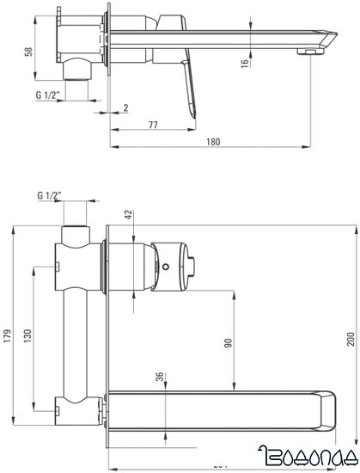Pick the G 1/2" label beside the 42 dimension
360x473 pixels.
[48, 195]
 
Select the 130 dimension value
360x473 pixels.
[29, 335]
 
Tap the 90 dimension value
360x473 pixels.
[228, 342]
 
